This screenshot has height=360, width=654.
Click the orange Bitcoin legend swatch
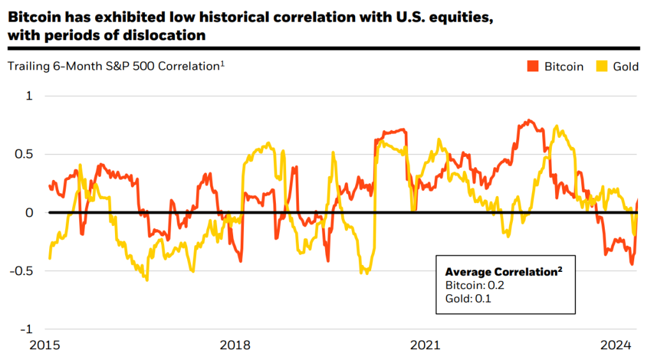tap(533, 66)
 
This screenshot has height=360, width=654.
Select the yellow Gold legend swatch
tap(602, 66)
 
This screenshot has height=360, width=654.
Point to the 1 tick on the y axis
tap(29, 96)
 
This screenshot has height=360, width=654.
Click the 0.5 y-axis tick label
tap(24, 154)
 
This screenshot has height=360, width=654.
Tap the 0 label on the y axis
tap(29, 213)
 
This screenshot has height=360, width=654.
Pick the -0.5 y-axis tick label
tap(21, 271)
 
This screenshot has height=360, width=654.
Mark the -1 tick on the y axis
tap(26, 329)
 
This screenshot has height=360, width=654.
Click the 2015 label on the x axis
tap(45, 345)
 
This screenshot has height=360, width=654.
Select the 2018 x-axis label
tap(235, 345)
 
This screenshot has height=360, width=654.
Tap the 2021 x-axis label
tap(425, 345)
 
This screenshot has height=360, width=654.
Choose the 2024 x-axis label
tap(616, 345)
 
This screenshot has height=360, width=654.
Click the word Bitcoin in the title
tap(33, 17)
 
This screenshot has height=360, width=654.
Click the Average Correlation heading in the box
tap(504, 272)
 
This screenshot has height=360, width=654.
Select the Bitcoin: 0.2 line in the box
tap(475, 285)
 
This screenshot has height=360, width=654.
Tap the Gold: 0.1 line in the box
tap(468, 299)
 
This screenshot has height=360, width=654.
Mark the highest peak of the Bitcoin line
tap(529, 121)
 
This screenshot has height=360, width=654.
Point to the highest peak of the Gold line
tap(556, 126)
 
